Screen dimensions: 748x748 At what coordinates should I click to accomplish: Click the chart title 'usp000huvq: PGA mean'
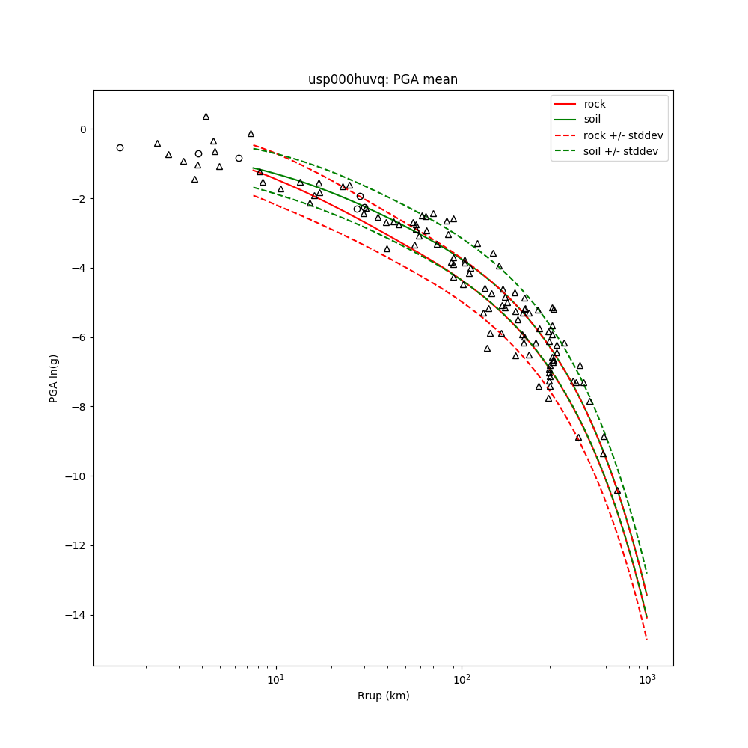383,79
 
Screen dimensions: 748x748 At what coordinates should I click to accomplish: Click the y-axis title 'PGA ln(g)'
54,378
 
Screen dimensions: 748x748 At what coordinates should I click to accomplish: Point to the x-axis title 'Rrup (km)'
383,696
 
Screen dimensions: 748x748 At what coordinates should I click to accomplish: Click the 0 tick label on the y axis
82,129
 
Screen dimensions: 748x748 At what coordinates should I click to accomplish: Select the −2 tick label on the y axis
79,199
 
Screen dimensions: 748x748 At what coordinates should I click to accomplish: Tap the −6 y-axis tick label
79,337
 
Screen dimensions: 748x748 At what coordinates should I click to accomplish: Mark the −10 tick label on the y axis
76,476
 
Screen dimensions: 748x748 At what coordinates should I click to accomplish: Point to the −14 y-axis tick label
76,616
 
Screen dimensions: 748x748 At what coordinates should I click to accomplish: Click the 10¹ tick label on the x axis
276,678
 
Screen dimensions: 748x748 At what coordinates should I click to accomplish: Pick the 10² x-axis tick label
462,678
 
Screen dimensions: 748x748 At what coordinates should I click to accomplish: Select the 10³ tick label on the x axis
647,678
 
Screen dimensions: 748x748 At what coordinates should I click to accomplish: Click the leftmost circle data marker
120,147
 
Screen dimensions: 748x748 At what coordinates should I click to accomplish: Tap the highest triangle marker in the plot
206,117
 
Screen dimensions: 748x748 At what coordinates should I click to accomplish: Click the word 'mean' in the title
442,79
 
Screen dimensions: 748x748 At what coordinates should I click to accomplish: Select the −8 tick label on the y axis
79,407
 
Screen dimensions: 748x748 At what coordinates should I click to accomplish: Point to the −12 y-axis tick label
76,546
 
